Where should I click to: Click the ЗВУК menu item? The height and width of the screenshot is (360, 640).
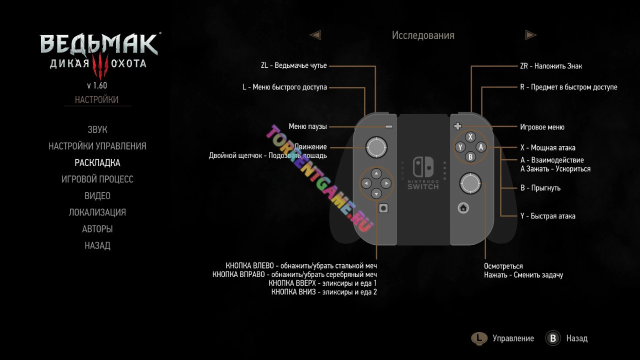coord(97,129)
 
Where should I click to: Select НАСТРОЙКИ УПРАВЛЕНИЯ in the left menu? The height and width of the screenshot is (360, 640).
coord(97,146)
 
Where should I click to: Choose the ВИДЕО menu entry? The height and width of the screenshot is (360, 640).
coord(97,195)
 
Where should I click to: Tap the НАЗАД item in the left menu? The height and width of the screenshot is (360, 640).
coord(97,245)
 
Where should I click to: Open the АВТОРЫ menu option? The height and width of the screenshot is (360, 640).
coord(97,229)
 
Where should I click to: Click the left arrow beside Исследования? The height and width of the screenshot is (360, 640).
coord(315,35)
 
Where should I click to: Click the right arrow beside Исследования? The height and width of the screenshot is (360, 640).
coord(530,35)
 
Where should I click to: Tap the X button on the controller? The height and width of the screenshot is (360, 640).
coord(470,137)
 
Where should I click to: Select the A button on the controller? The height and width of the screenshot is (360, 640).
coord(480,147)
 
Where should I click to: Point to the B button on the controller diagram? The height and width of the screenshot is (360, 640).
coord(470,157)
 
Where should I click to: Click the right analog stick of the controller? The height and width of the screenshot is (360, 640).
coord(470,183)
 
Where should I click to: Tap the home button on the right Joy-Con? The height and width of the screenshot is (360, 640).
coord(463,207)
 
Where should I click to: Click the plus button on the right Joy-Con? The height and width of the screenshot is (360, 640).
coord(457,126)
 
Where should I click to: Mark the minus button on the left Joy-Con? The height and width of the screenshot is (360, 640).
coord(389,127)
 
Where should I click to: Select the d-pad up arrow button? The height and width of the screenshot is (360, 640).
coord(376,173)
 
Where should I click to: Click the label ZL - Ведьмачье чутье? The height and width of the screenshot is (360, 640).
coord(293,66)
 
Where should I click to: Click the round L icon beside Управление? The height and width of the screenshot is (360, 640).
coord(479,338)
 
